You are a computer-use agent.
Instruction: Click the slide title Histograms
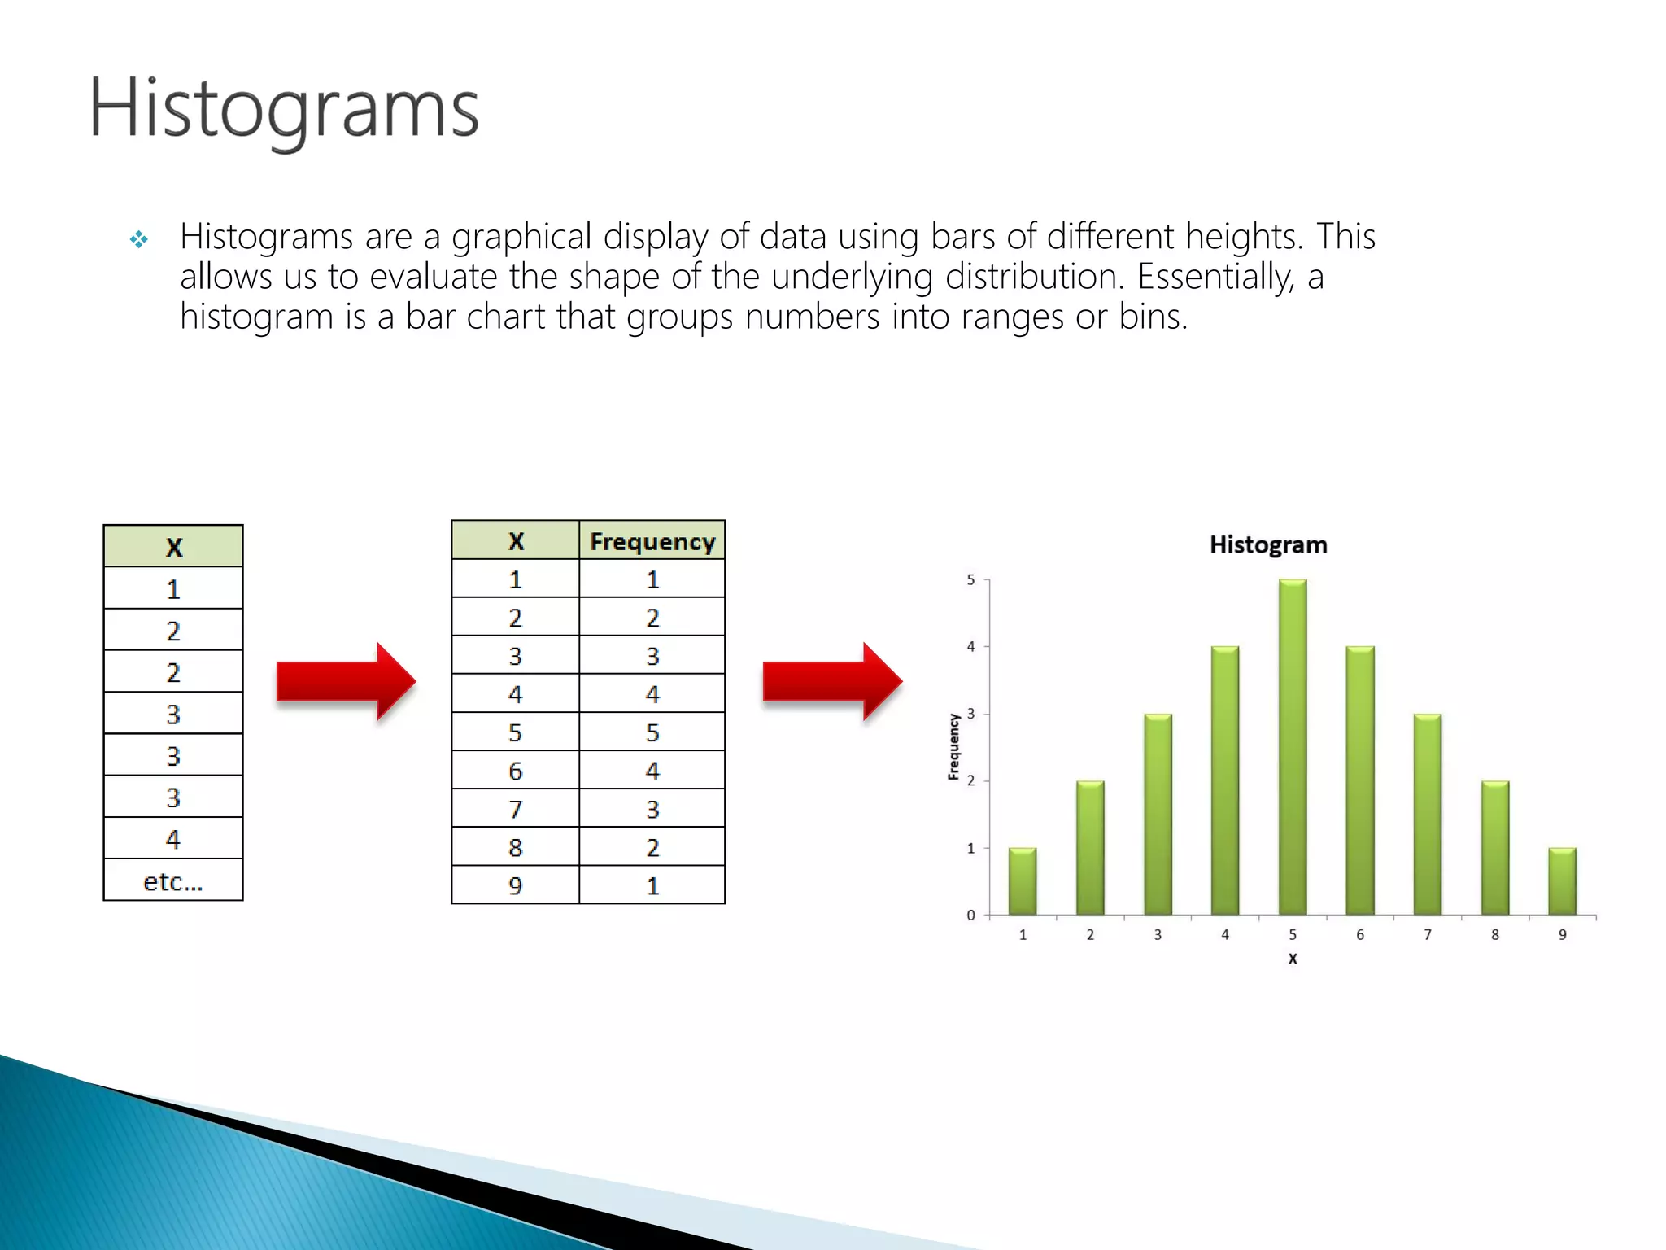(x=283, y=109)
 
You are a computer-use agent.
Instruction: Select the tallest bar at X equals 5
(x=1292, y=747)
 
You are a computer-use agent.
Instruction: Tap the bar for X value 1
(x=1023, y=881)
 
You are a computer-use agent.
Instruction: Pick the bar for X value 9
(x=1562, y=881)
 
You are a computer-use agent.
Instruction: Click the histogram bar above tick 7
(x=1427, y=814)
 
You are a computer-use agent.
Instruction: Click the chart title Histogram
(x=1267, y=544)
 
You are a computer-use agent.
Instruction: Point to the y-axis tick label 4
(x=970, y=647)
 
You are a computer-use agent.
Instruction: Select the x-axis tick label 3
(x=1158, y=935)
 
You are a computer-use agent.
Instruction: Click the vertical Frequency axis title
(x=954, y=747)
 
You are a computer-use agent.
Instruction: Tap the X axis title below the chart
(x=1292, y=959)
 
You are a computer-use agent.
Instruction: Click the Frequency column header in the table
(x=652, y=541)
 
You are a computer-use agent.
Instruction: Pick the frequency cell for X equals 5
(x=652, y=732)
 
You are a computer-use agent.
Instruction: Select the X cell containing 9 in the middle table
(x=515, y=885)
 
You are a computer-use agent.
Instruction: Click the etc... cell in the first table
(x=172, y=881)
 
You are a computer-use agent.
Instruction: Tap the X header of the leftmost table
(x=172, y=547)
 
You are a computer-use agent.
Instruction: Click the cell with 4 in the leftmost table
(x=172, y=839)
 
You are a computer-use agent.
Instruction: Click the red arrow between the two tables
(x=345, y=681)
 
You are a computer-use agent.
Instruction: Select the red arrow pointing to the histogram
(x=831, y=681)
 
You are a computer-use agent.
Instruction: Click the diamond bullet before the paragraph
(x=139, y=239)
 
